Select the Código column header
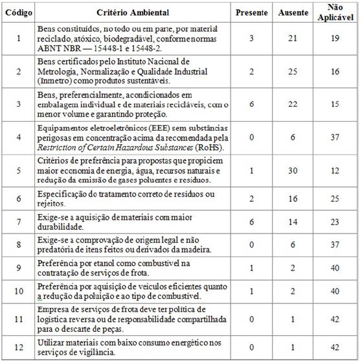(x=18, y=12)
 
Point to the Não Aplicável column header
(x=333, y=12)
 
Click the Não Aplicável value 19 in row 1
(x=334, y=39)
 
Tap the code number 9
(x=18, y=267)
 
